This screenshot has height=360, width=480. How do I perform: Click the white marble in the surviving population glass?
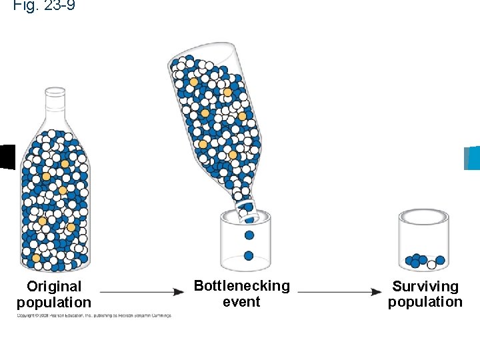click(431, 265)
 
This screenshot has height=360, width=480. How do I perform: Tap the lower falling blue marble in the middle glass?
click(249, 255)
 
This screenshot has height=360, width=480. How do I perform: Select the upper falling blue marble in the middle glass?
click(249, 235)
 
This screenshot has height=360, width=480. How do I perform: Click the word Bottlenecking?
click(241, 286)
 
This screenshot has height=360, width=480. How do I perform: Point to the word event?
click(241, 301)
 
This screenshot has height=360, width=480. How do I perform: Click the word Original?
click(54, 287)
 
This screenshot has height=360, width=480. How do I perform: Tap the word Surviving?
click(425, 287)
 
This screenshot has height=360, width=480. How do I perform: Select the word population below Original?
click(54, 302)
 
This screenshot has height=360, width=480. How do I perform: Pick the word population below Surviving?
click(425, 302)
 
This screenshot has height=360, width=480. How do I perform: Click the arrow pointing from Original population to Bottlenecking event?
click(142, 292)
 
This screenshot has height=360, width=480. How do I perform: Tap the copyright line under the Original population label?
click(94, 315)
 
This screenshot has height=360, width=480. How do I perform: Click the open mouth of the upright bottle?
click(55, 89)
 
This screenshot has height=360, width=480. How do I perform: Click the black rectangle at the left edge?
click(7, 157)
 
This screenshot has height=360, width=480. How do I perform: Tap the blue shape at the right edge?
click(472, 158)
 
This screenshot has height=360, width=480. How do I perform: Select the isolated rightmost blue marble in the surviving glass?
click(440, 260)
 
